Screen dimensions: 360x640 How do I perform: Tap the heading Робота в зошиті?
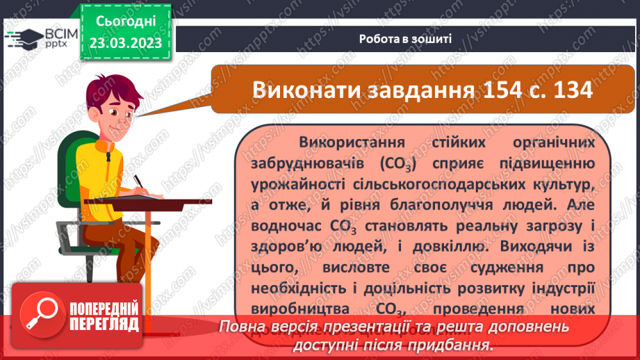[x=406, y=38]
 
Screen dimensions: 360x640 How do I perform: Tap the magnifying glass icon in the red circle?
[x=41, y=318]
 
